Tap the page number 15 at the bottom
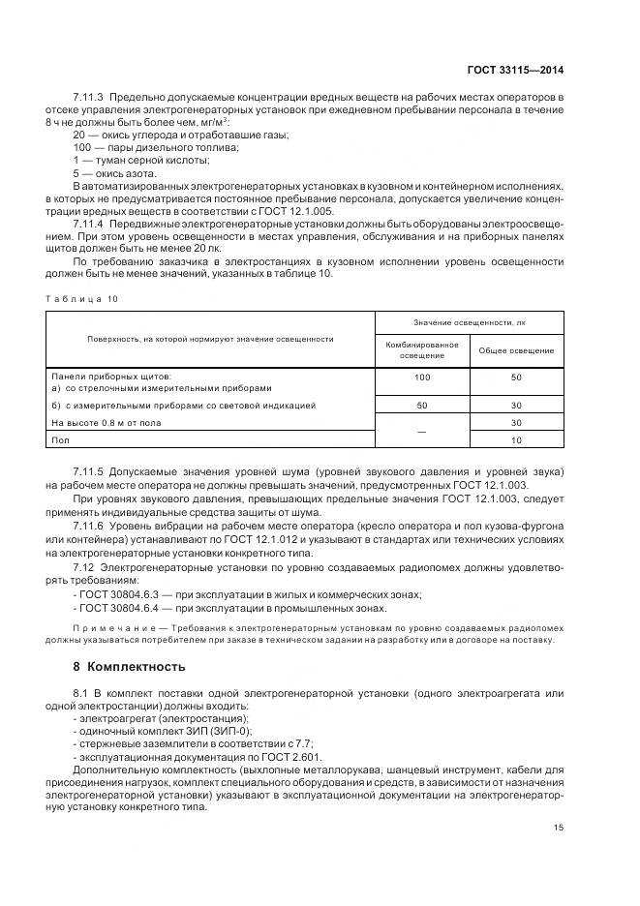[x=558, y=827]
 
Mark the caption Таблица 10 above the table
[x=81, y=299]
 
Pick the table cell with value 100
[x=421, y=377]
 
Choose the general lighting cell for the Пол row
[x=516, y=440]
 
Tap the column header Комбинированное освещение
[x=421, y=350]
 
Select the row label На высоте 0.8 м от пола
[x=107, y=423]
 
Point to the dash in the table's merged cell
[x=421, y=432]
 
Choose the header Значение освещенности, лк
[x=469, y=322]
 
